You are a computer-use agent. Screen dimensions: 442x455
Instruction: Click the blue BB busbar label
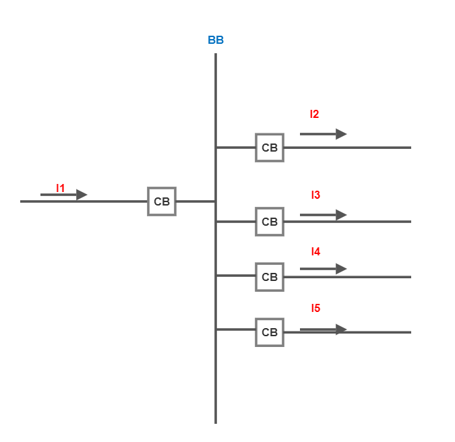pos(216,40)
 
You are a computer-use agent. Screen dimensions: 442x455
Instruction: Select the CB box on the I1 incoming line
pos(162,201)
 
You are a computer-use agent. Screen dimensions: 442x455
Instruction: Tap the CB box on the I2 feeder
pos(270,148)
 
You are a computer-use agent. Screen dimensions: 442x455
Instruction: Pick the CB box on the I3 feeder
pos(270,222)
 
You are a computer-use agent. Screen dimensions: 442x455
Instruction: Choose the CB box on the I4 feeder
pos(270,277)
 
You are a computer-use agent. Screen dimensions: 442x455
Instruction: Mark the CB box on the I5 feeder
pos(270,332)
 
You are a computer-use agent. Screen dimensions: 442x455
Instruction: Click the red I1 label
pos(61,188)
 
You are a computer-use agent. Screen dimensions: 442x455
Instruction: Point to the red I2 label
pos(315,114)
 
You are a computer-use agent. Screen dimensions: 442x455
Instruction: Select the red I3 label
pos(315,195)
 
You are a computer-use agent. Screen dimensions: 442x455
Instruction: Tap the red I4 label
pos(315,251)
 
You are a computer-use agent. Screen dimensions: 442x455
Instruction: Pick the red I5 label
pos(315,308)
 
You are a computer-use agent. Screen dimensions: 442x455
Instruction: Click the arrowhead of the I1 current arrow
pos(82,195)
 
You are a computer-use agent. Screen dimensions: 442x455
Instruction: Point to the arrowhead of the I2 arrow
pos(341,134)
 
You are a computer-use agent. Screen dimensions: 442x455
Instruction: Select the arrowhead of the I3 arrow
pos(341,215)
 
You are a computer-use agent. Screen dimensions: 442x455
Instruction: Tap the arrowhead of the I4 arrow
pos(341,269)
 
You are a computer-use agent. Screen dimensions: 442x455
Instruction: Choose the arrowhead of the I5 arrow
pos(341,329)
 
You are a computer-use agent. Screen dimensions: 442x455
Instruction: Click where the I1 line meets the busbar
pos(216,201)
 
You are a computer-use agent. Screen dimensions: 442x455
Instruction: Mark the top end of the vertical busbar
pos(216,55)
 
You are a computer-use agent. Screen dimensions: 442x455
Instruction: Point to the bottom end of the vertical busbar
pos(216,422)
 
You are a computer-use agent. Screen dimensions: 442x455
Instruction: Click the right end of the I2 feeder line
pos(410,148)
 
